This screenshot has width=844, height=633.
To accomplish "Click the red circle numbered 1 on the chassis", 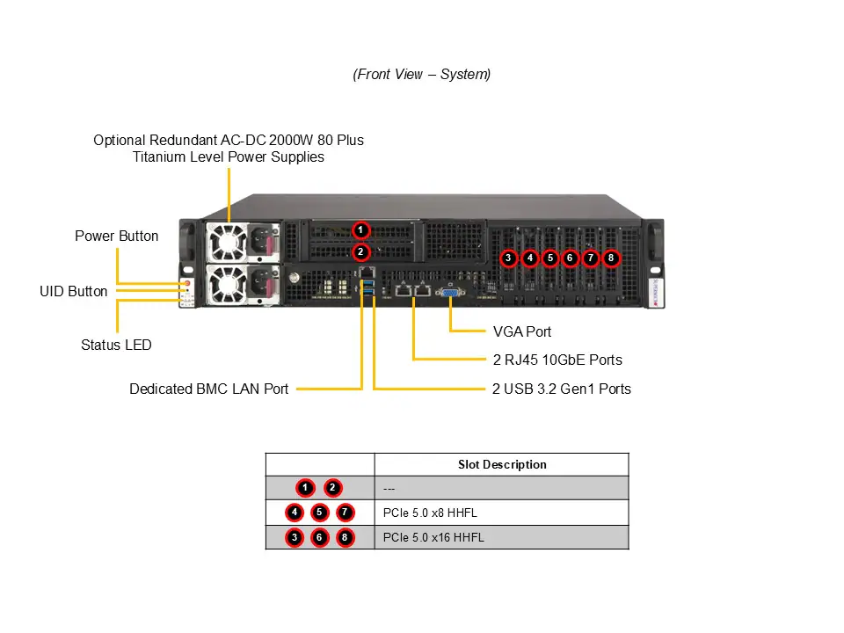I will (360, 230).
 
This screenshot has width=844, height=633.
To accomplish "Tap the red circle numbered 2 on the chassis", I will (360, 252).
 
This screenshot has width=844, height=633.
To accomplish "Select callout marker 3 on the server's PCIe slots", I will (508, 258).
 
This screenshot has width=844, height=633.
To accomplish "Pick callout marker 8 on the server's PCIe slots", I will (611, 258).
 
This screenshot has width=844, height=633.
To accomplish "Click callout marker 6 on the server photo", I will (570, 258).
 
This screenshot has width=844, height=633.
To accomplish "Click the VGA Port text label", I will (522, 331).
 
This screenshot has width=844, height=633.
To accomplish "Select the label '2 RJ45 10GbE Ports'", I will (557, 360).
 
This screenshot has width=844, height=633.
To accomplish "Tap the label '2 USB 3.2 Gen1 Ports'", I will (561, 389).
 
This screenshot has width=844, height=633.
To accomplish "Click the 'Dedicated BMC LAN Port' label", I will (208, 389).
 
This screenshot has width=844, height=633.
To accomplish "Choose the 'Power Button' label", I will (116, 236).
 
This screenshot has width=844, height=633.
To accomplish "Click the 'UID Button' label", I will (74, 291).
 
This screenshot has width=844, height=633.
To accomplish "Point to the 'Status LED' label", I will (116, 345).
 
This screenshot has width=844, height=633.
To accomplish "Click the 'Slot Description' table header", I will (501, 464).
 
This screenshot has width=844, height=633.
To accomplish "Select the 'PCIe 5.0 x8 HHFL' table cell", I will (430, 513).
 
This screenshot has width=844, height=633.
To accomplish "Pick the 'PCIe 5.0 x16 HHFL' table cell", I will (433, 537).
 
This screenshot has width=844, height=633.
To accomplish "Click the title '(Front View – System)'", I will (422, 75).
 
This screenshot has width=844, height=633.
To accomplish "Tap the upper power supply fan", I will (228, 241).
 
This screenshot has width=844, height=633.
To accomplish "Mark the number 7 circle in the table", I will (345, 513).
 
